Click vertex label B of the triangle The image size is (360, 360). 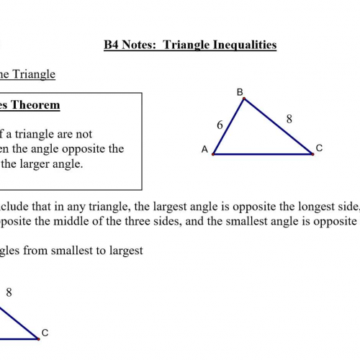(240, 91)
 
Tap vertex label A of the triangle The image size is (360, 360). (204, 150)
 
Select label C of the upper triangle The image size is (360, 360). (319, 148)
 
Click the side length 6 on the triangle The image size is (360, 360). (220, 125)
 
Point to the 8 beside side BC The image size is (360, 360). (289, 120)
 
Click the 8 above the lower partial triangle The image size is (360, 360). (9, 292)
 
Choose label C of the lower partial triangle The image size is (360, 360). (45, 333)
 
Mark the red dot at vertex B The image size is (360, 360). (244, 99)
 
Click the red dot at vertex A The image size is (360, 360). (213, 154)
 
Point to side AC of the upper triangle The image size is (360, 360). (263, 154)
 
